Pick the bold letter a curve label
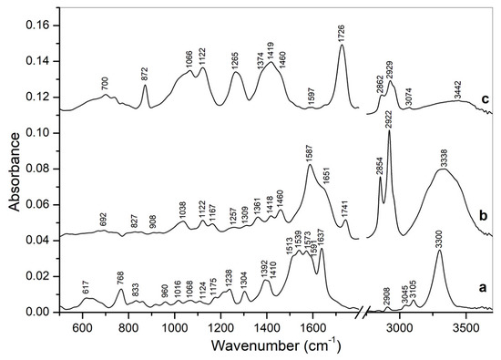[487, 285]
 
